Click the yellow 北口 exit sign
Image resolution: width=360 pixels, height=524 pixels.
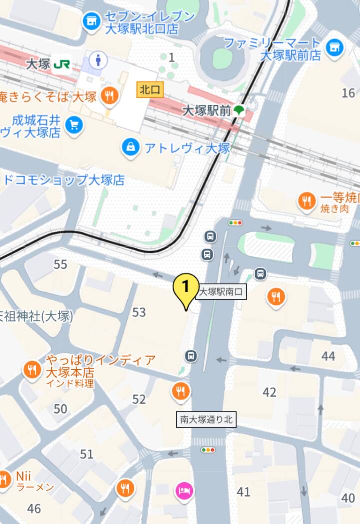150,90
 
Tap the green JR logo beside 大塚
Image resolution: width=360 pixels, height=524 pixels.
61,65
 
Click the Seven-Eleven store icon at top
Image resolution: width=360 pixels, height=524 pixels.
91,22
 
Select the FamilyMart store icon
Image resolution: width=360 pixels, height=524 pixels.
335,48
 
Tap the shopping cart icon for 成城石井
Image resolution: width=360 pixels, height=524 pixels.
74,125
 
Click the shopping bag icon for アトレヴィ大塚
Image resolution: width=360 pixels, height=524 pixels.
131,147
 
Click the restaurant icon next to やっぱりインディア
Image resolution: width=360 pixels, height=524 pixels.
32,371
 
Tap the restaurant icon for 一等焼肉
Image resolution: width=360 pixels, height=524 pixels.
306,202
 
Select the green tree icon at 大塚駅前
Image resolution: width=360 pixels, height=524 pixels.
240,110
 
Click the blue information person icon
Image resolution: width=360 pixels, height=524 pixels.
98,61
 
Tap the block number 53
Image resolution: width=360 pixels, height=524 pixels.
139,313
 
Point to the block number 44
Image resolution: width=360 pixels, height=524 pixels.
328,356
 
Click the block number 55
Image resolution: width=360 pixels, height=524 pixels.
60,264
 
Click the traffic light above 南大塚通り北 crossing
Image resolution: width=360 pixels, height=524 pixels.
208,450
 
